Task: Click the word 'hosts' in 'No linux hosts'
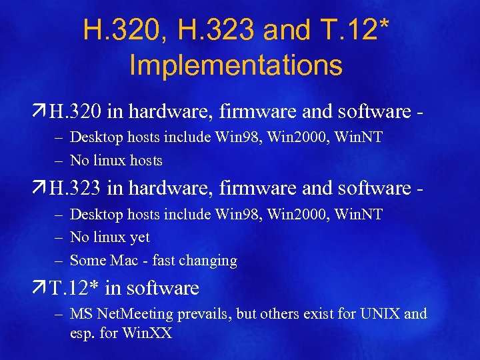(x=145, y=161)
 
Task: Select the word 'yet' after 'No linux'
(x=138, y=237)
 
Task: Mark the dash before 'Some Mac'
(x=58, y=260)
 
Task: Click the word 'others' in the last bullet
(x=278, y=313)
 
